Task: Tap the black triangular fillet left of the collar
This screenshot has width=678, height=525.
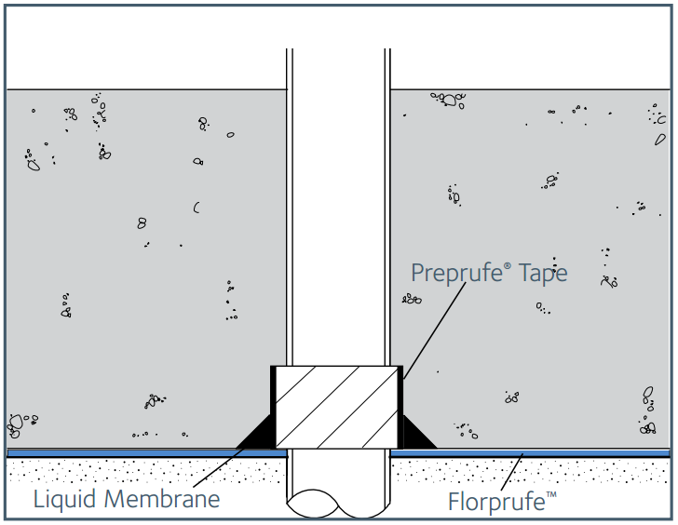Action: pos(260,434)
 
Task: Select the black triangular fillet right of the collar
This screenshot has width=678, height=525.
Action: pos(414,434)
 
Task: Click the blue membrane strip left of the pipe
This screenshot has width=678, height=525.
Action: pos(140,453)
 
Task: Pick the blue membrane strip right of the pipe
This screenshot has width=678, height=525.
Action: pos(559,453)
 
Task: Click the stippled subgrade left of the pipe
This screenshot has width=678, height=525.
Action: pos(140,470)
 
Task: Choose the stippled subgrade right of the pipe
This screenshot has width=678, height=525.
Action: pos(596,470)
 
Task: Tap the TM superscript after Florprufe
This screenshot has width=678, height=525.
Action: pos(551,493)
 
